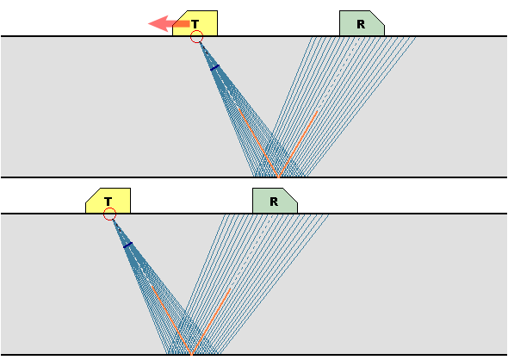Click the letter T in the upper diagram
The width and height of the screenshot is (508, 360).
click(x=195, y=24)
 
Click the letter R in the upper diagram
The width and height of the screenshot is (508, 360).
click(x=361, y=24)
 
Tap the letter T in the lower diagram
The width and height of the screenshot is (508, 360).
click(x=108, y=202)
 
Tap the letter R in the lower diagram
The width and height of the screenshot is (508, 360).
click(x=274, y=202)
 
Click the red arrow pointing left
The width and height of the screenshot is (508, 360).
click(x=169, y=23)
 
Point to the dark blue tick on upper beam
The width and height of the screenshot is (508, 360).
click(x=214, y=68)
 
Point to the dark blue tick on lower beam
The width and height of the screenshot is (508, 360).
click(x=128, y=245)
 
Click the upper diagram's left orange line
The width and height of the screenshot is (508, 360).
click(x=258, y=143)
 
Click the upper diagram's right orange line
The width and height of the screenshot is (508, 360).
click(x=298, y=144)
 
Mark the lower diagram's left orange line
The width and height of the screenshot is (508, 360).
click(x=171, y=320)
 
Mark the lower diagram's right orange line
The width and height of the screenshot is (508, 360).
click(x=211, y=321)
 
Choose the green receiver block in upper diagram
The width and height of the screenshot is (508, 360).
click(x=362, y=23)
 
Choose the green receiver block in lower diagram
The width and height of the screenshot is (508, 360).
click(x=275, y=201)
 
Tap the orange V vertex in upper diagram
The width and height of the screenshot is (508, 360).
click(x=279, y=177)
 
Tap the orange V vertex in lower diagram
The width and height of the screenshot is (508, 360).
click(x=192, y=354)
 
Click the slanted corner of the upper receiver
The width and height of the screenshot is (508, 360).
click(x=377, y=17)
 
